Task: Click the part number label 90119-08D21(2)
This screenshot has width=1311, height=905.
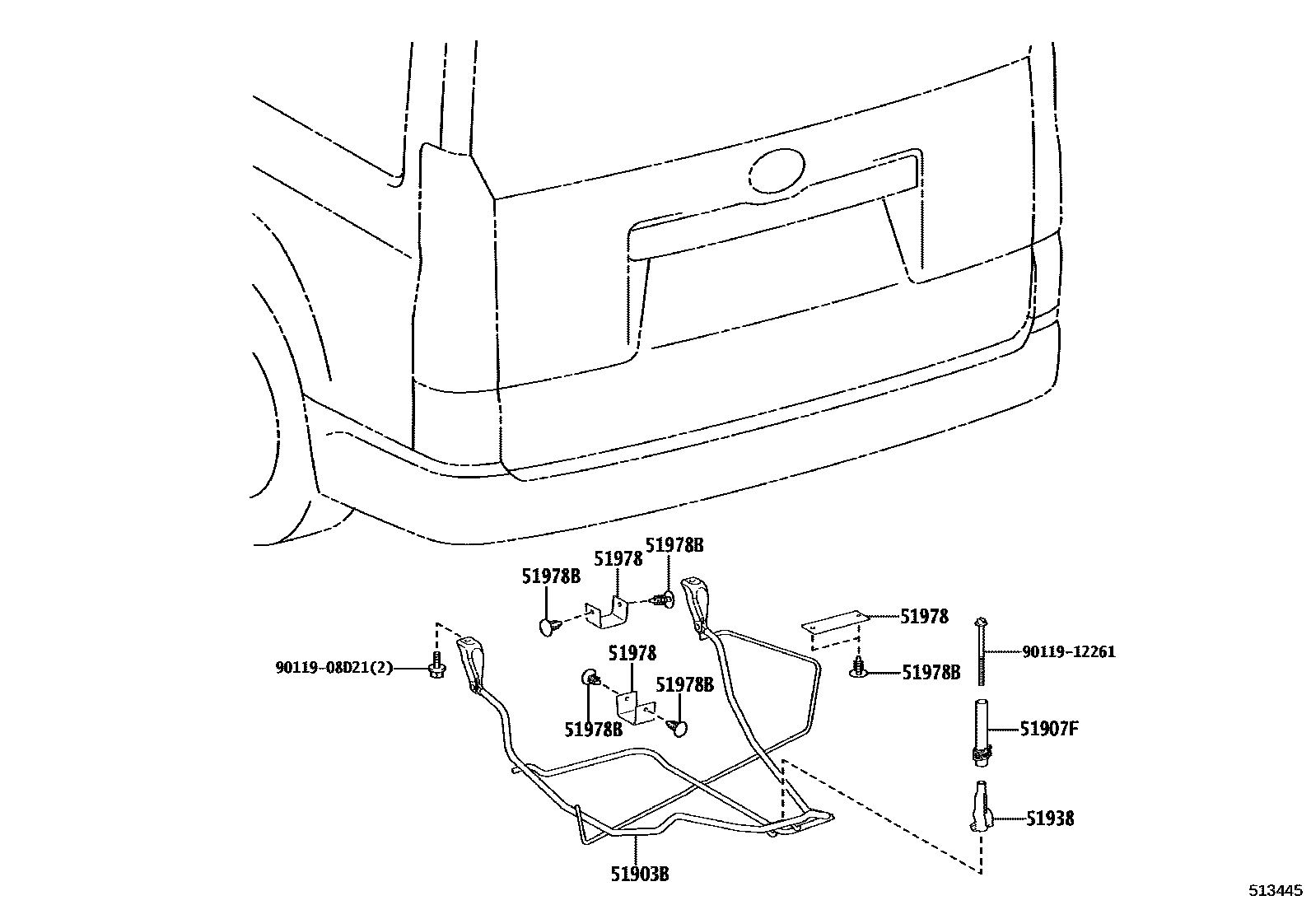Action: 333,667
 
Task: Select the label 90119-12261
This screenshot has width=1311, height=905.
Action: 1069,652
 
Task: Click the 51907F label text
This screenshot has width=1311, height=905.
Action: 1048,729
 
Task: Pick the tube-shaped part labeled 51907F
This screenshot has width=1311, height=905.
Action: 982,728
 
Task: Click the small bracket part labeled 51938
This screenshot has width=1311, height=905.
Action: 982,808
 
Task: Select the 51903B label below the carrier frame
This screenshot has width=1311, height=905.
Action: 639,874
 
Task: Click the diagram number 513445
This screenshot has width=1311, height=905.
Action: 1276,890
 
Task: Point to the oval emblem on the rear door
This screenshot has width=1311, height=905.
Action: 777,170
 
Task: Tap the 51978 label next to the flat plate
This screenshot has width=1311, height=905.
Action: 924,616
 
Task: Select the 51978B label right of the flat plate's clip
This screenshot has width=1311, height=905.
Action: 931,672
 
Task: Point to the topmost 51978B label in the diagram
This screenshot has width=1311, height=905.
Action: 674,545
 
